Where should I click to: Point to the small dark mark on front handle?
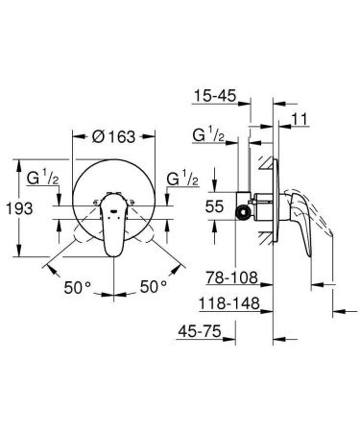113,206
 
